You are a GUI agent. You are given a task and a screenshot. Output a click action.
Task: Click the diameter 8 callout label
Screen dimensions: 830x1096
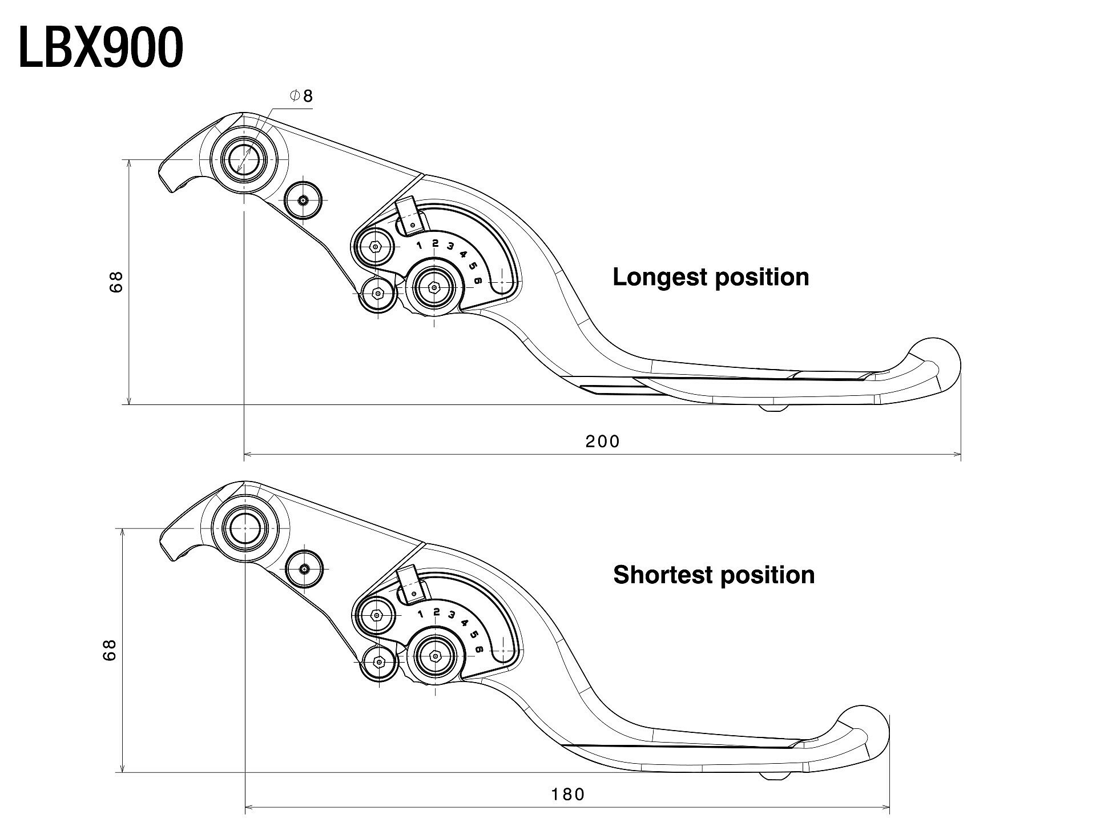(x=302, y=96)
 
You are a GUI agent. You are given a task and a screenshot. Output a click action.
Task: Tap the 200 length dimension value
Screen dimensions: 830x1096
(x=602, y=442)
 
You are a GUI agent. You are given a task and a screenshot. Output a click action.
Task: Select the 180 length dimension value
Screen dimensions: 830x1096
(x=568, y=795)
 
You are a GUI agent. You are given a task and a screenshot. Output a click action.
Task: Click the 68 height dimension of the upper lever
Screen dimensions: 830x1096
(x=116, y=282)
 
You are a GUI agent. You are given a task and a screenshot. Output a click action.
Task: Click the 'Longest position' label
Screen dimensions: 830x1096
(x=711, y=277)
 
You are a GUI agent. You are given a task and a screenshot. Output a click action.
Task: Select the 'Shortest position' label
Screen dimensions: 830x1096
(x=714, y=575)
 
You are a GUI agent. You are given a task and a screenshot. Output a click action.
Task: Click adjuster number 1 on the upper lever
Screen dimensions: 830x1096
(x=420, y=246)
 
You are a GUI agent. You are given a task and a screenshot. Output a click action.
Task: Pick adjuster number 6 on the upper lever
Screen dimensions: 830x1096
(x=478, y=280)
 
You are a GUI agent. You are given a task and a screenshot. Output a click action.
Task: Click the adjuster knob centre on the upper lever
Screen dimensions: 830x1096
(x=434, y=288)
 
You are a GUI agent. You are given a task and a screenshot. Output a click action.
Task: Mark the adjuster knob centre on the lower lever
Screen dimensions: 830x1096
(x=436, y=657)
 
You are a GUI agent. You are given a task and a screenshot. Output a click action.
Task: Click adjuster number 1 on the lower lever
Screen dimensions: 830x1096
(x=421, y=615)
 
